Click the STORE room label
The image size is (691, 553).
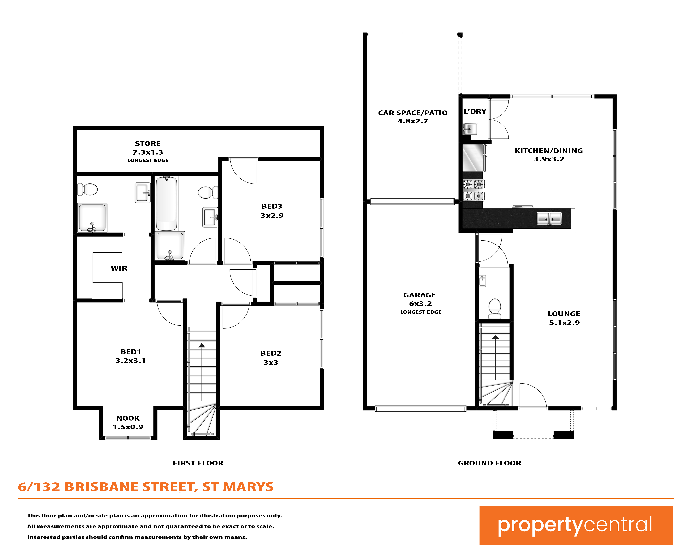[148, 144]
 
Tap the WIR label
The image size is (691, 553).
[119, 268]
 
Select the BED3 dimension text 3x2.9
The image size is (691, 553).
[272, 215]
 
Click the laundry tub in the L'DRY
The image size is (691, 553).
[471, 129]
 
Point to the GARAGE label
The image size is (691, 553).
[420, 295]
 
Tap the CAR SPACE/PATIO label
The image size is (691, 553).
[413, 113]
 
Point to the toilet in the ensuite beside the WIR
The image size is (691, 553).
[87, 189]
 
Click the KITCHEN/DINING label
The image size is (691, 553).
[549, 151]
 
